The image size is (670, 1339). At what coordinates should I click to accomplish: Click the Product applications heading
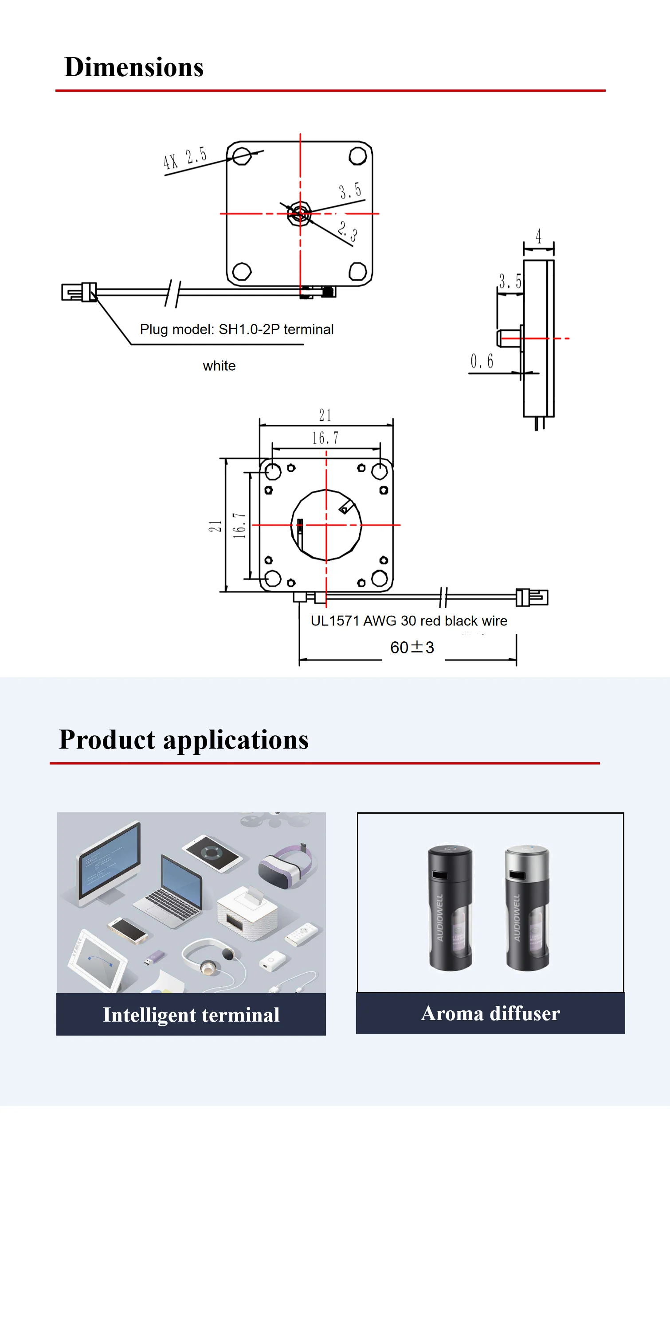point(184,740)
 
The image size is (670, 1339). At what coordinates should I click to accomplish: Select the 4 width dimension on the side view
point(538,237)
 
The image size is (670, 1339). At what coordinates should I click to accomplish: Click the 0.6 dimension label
point(481,361)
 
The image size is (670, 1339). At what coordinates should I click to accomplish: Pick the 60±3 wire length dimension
point(411,648)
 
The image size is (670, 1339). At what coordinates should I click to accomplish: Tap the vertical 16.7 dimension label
point(239,525)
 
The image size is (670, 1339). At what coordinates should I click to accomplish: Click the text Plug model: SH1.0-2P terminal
point(237,330)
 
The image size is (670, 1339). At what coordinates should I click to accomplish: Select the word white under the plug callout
point(219,366)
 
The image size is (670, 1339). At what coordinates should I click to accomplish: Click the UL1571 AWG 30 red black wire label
point(409,621)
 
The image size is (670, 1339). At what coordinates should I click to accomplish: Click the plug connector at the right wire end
point(532,597)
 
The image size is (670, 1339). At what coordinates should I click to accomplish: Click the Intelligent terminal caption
point(191,1015)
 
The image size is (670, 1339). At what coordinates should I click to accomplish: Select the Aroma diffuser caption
point(490,1013)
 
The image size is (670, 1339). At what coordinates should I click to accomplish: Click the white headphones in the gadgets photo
point(208,959)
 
